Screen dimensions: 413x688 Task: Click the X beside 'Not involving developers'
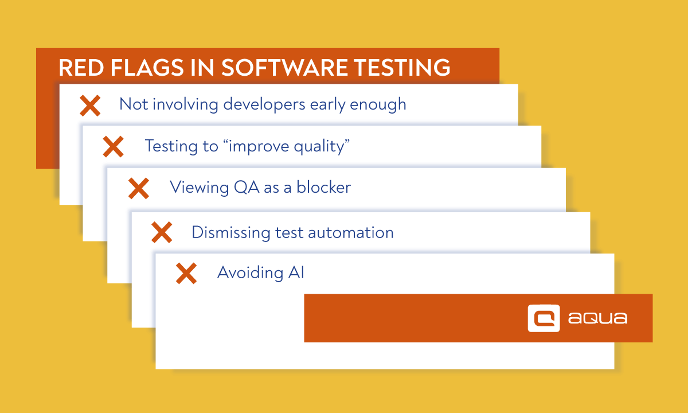point(90,105)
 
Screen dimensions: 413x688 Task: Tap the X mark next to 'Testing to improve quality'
point(113,147)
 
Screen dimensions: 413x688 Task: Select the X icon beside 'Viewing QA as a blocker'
point(138,188)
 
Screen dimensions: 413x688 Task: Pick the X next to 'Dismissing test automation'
point(162,232)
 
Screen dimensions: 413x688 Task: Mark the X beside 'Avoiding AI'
point(186,274)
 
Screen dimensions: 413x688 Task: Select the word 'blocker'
point(323,188)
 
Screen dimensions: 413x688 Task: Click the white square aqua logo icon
point(543,318)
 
